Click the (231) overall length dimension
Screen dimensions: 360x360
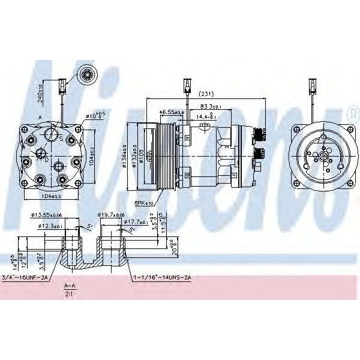(206, 93)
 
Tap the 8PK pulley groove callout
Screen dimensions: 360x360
(144, 204)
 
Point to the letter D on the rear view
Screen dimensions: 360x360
(46, 160)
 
